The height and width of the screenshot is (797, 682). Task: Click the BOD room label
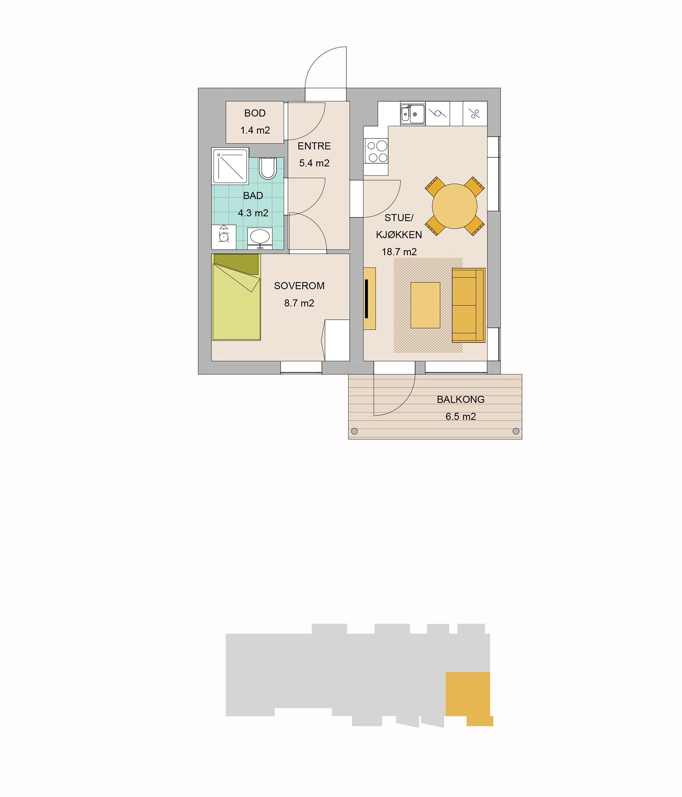255,113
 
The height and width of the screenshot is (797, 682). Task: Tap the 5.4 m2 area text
314,163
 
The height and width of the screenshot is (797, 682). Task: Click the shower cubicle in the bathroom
230,166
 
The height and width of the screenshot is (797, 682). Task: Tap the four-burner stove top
377,152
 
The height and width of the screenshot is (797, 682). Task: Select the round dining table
454,206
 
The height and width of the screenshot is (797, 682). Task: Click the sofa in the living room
468,305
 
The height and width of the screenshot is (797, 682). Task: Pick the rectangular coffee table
425,305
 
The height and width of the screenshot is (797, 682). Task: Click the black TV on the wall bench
367,298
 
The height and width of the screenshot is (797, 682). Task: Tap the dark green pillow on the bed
236,264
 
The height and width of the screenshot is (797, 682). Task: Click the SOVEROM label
299,286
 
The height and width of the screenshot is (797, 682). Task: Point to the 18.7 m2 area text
399,252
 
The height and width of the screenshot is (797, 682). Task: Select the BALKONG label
461,399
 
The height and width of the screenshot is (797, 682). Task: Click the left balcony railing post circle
355,431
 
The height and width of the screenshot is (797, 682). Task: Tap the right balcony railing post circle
516,431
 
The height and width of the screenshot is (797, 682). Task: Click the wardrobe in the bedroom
337,340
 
